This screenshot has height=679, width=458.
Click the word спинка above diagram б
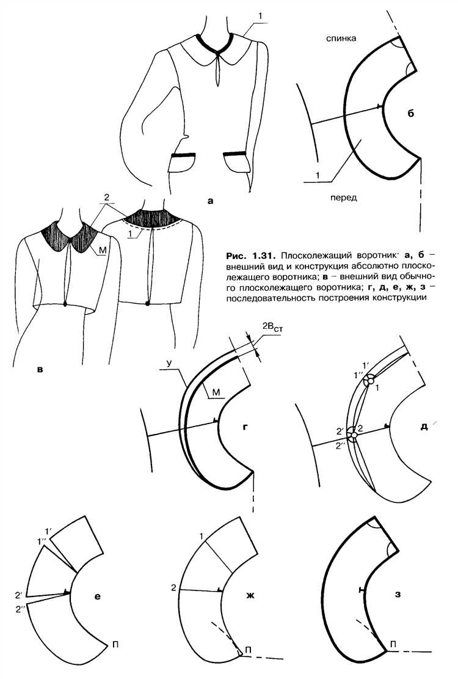pyautogui.click(x=341, y=39)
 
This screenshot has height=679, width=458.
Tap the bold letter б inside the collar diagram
pyautogui.click(x=411, y=113)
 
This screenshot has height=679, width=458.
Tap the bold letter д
pyautogui.click(x=424, y=427)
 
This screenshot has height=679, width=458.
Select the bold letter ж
pyautogui.click(x=250, y=595)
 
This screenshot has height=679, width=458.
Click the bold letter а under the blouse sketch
pyautogui.click(x=211, y=200)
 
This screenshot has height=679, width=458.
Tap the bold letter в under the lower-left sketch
pyautogui.click(x=40, y=370)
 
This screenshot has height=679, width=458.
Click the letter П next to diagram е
pyautogui.click(x=115, y=644)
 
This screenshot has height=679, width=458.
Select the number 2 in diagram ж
pyautogui.click(x=173, y=588)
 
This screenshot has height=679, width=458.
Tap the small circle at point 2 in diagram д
pyautogui.click(x=354, y=435)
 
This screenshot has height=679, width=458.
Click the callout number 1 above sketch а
pyautogui.click(x=260, y=16)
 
